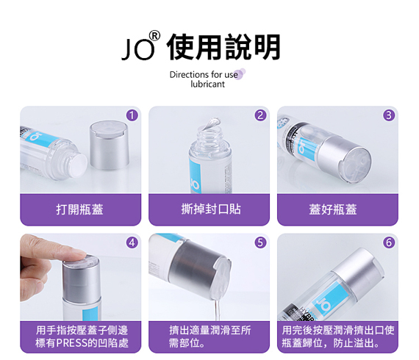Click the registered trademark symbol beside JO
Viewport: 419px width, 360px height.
(x=154, y=36)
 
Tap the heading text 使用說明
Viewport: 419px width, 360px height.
(x=223, y=47)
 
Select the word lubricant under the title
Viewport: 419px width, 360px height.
(x=207, y=84)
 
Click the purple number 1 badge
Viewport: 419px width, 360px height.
(x=132, y=115)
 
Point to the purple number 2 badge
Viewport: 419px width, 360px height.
(x=260, y=115)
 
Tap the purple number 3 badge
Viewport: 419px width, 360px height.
(x=389, y=115)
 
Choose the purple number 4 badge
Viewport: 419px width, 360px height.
(x=132, y=242)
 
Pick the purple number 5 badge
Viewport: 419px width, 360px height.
(x=260, y=242)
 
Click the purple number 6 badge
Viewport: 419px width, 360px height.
(x=389, y=242)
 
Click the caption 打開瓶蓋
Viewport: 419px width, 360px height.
(x=79, y=209)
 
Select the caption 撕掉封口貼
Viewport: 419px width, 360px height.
(x=211, y=209)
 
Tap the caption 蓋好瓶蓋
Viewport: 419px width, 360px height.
(x=333, y=209)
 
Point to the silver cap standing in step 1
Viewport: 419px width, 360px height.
(x=110, y=145)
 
